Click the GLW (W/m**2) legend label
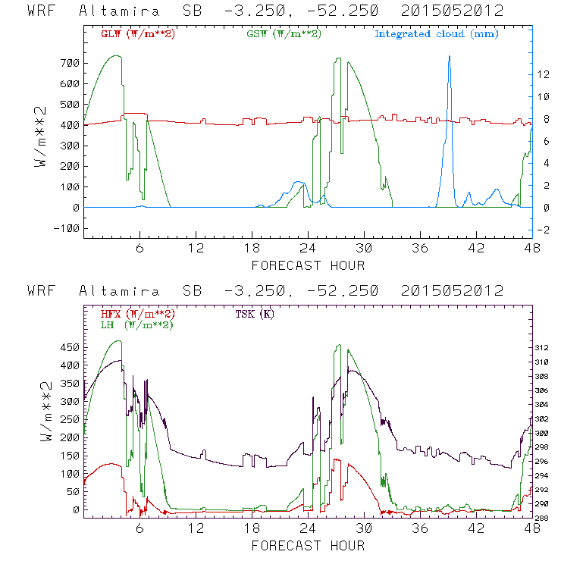[x=137, y=33]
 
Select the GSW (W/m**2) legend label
[x=283, y=33]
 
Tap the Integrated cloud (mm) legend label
[x=436, y=33]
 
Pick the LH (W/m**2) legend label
[x=136, y=324]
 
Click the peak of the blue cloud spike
[x=449, y=56]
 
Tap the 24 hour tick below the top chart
[x=308, y=249]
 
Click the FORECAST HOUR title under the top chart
[x=308, y=265]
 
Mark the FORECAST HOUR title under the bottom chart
[x=308, y=546]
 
